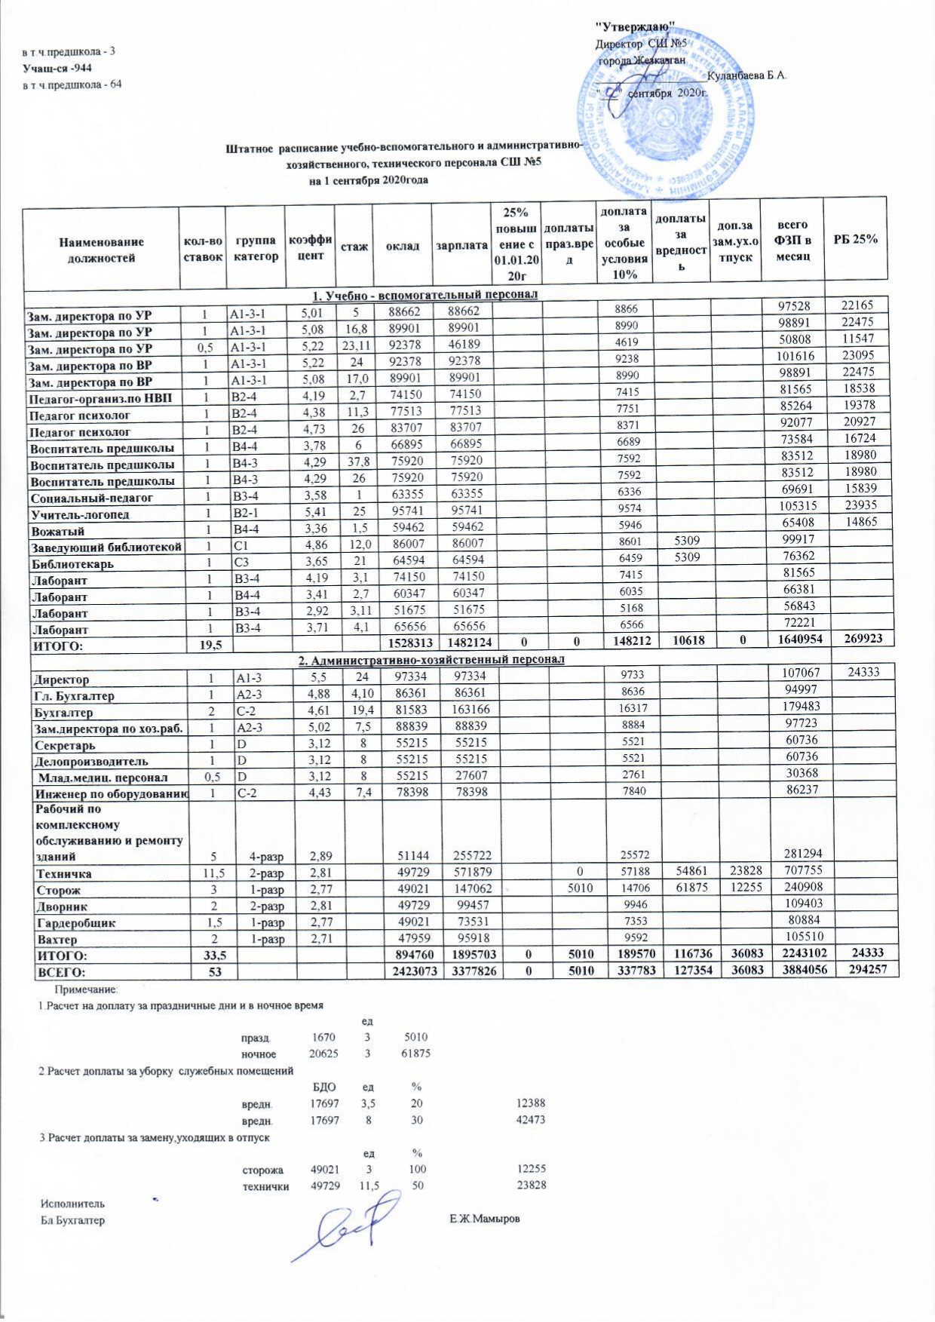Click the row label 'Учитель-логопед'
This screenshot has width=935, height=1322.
click(79, 515)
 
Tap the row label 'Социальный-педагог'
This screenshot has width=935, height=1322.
click(91, 498)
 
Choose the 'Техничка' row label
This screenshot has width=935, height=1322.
click(65, 874)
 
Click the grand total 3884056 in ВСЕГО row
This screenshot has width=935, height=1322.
click(791, 971)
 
